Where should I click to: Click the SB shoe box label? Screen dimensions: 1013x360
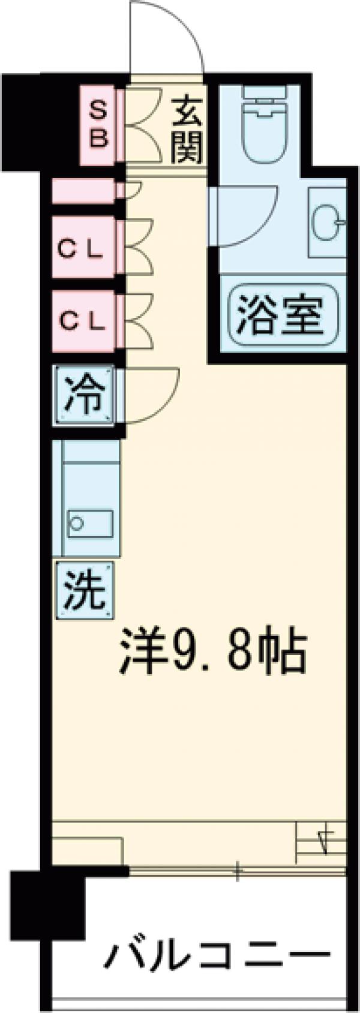(98, 125)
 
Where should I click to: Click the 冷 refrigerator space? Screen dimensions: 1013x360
(85, 396)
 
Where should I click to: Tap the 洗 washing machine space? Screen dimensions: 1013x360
(85, 590)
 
